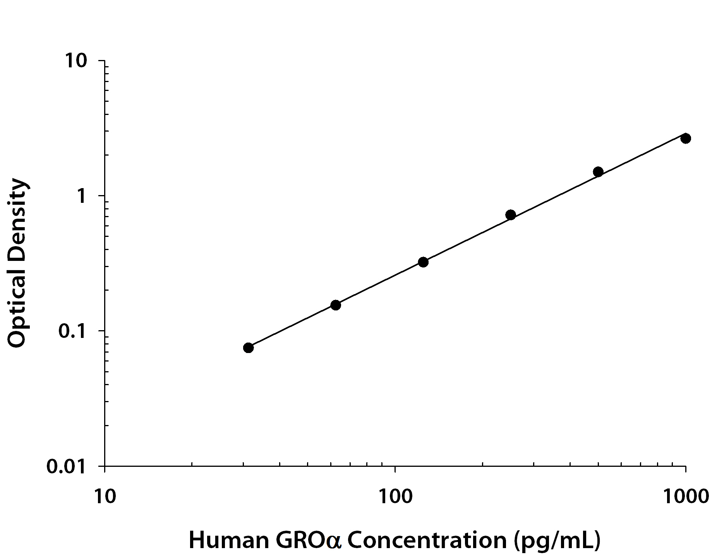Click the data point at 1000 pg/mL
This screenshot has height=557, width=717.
point(685,138)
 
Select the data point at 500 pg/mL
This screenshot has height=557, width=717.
point(598,171)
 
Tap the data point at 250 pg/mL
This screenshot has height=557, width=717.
point(511,215)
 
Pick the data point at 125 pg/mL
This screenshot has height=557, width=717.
point(423,262)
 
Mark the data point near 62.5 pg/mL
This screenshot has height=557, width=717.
point(336,305)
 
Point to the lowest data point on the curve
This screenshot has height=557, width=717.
point(249,348)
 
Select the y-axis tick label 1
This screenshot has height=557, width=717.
point(81,196)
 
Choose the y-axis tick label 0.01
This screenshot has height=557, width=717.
point(65,466)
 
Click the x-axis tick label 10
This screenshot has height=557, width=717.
point(105,496)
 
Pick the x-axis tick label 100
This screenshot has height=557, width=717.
point(395,496)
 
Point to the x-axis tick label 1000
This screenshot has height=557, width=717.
point(685,496)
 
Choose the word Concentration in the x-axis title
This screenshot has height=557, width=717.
point(427,540)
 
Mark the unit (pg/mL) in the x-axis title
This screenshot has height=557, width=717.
point(557,540)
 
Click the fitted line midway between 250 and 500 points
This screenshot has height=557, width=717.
point(554,194)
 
